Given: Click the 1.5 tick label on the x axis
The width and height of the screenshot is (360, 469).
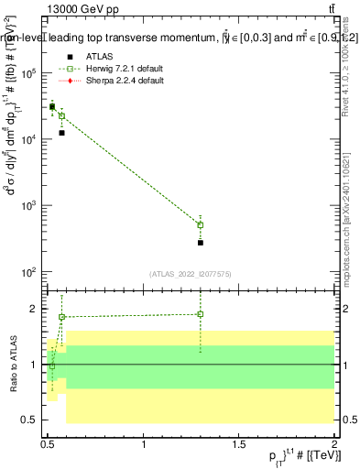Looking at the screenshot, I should pyautogui.click(x=239, y=445).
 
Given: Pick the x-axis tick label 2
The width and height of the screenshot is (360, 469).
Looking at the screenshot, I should pyautogui.click(x=334, y=445).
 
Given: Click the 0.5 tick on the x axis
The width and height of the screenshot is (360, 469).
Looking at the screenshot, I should pyautogui.click(x=49, y=445).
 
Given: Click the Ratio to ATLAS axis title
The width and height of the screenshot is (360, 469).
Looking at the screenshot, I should pyautogui.click(x=13, y=364).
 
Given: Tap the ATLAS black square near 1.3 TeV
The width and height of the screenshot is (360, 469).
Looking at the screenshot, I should pyautogui.click(x=201, y=243).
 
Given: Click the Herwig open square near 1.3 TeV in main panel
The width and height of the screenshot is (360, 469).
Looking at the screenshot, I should pyautogui.click(x=201, y=224).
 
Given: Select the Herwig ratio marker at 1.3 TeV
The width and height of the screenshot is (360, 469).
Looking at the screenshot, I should pyautogui.click(x=201, y=314).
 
